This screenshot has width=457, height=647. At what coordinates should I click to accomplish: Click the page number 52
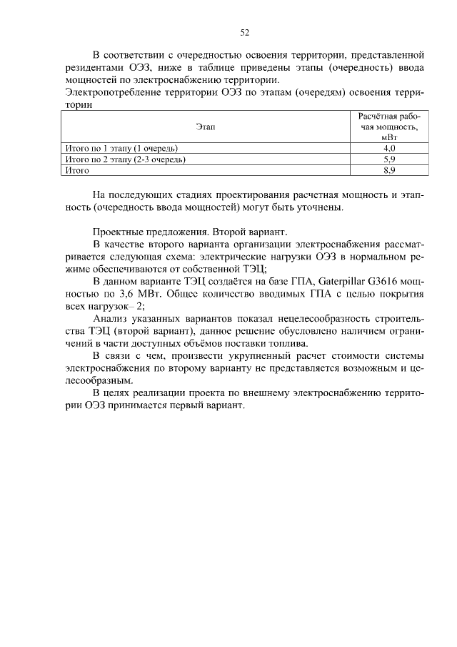pos(244,32)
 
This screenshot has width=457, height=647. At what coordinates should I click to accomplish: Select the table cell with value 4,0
pos(389,148)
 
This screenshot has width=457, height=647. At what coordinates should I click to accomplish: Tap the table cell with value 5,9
pos(389,159)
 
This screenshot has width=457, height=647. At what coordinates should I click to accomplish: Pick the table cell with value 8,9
pos(389,171)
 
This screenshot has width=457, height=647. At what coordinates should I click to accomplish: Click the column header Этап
pos(206,127)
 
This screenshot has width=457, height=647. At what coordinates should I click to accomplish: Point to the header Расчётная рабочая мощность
pos(389,127)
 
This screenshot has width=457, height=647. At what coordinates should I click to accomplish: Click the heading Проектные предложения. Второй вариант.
pos(189,232)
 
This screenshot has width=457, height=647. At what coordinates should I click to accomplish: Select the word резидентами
pos(97,67)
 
